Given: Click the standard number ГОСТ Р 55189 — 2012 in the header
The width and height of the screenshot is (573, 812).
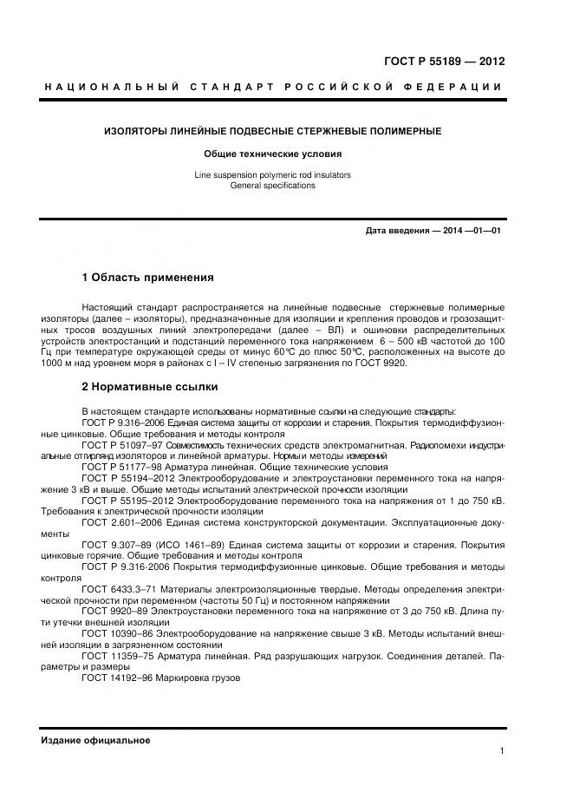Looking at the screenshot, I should click(444, 62).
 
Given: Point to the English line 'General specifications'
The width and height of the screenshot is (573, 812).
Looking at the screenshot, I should click(273, 186).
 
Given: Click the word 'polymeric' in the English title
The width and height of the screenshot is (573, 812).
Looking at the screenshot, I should click(271, 175).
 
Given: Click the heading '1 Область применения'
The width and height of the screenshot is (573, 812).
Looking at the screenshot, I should click(147, 278).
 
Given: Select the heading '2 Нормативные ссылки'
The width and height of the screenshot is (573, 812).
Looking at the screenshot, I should click(150, 386).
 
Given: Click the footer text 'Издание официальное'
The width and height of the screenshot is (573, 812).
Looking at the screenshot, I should click(95, 740).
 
